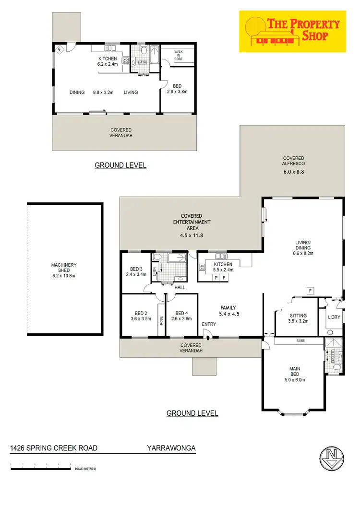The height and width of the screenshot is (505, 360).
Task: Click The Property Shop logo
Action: tap(292, 30)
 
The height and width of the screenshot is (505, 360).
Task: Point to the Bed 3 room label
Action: tap(136, 272)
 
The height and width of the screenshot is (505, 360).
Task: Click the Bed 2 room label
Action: tap(141, 315)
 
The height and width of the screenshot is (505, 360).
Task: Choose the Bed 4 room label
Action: tap(181, 315)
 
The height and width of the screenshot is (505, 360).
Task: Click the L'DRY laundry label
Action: tap(334, 317)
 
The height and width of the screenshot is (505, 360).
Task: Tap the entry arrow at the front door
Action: tap(207, 337)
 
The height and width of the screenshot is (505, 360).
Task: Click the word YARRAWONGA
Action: tap(171, 448)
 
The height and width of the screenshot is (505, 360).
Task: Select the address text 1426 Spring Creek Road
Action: tap(54, 448)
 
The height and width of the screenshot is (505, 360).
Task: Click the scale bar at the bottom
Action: tap(41, 466)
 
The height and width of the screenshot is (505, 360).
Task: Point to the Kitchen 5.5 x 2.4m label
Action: tap(223, 267)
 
